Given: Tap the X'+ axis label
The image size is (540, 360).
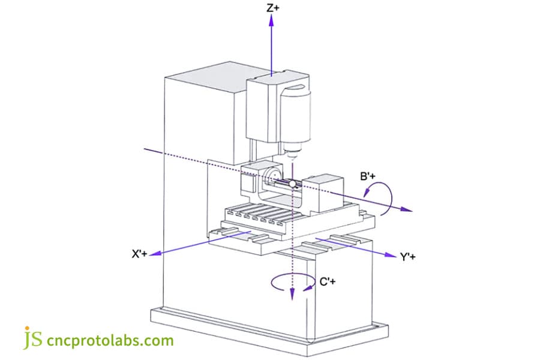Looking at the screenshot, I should click(140, 254).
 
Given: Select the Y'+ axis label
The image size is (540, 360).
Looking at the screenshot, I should click(408, 257).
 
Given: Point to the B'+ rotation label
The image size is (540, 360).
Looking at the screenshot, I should click(368, 176).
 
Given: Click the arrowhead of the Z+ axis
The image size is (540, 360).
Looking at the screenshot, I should click(272, 20).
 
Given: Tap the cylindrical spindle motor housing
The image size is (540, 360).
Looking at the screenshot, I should click(296, 114).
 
